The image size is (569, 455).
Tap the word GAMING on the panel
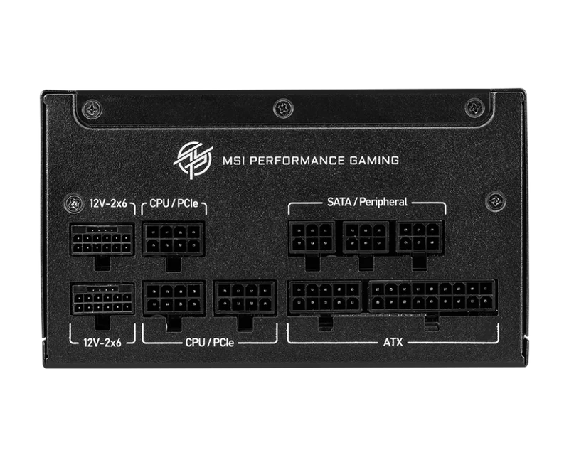374,161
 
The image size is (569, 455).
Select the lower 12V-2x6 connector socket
102,299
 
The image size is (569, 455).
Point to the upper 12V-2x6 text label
108,203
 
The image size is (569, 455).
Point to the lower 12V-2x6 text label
102,342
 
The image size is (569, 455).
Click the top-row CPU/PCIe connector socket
174,239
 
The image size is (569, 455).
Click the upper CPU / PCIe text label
174,203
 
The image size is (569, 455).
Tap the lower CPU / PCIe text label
210,342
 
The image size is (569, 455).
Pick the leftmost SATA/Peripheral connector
312,237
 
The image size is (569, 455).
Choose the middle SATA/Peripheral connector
366,237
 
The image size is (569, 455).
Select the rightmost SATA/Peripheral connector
420,237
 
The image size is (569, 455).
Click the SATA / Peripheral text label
367,202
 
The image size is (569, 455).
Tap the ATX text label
393,342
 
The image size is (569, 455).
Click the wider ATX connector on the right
432,296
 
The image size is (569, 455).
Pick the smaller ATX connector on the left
325,296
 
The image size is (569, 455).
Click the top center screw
283,107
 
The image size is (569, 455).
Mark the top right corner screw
474,107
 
